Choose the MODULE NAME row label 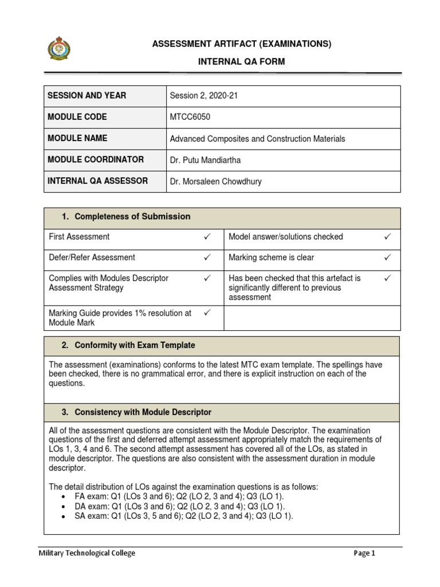(77, 138)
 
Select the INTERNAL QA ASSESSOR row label (98, 181)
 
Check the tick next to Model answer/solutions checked (387, 237)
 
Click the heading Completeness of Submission (132, 216)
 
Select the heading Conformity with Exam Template (135, 345)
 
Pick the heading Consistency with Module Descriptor (143, 412)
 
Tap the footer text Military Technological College (87, 553)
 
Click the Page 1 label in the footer (364, 553)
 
